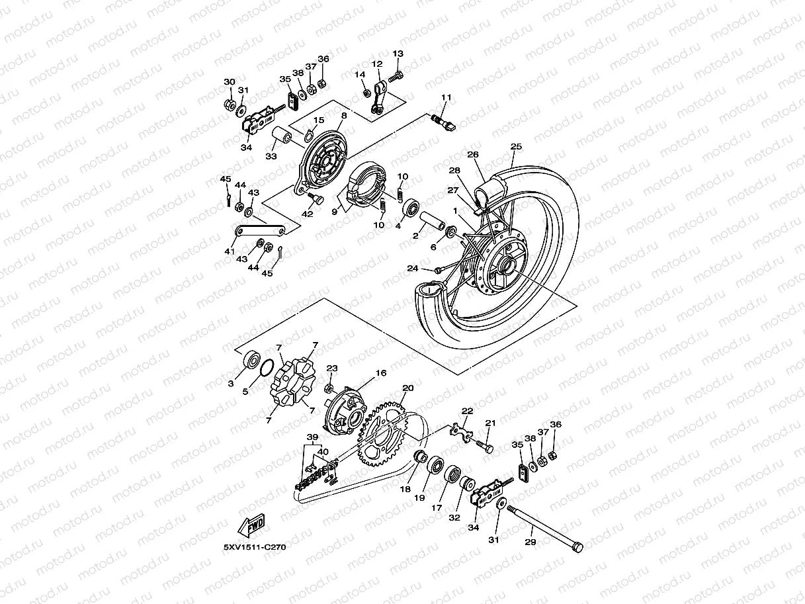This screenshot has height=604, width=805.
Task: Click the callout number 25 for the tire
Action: pyautogui.click(x=516, y=146)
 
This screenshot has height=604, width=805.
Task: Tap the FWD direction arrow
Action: pyautogui.click(x=252, y=526)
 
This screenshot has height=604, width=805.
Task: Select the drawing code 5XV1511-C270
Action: pyautogui.click(x=254, y=547)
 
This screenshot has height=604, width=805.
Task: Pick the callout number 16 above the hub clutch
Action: pyautogui.click(x=380, y=373)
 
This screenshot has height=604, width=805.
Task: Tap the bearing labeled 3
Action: pyautogui.click(x=252, y=361)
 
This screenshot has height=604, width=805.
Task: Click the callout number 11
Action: pyautogui.click(x=446, y=98)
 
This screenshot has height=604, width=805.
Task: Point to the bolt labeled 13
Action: pyautogui.click(x=396, y=77)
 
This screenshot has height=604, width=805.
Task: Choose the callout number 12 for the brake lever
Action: pyautogui.click(x=376, y=64)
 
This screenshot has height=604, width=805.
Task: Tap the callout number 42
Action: pyautogui.click(x=308, y=214)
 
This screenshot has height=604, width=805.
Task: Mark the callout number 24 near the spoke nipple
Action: pyautogui.click(x=413, y=269)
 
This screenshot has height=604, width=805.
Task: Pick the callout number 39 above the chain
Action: pyautogui.click(x=312, y=437)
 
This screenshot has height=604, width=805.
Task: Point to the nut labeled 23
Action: pyautogui.click(x=329, y=386)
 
